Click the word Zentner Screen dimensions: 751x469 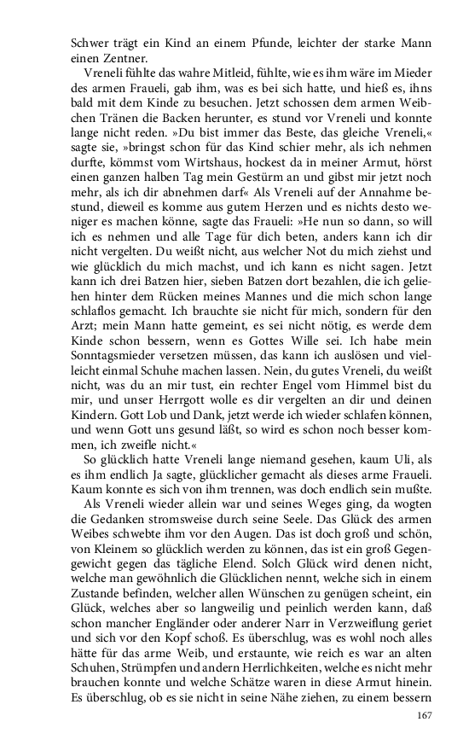[105, 57]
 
